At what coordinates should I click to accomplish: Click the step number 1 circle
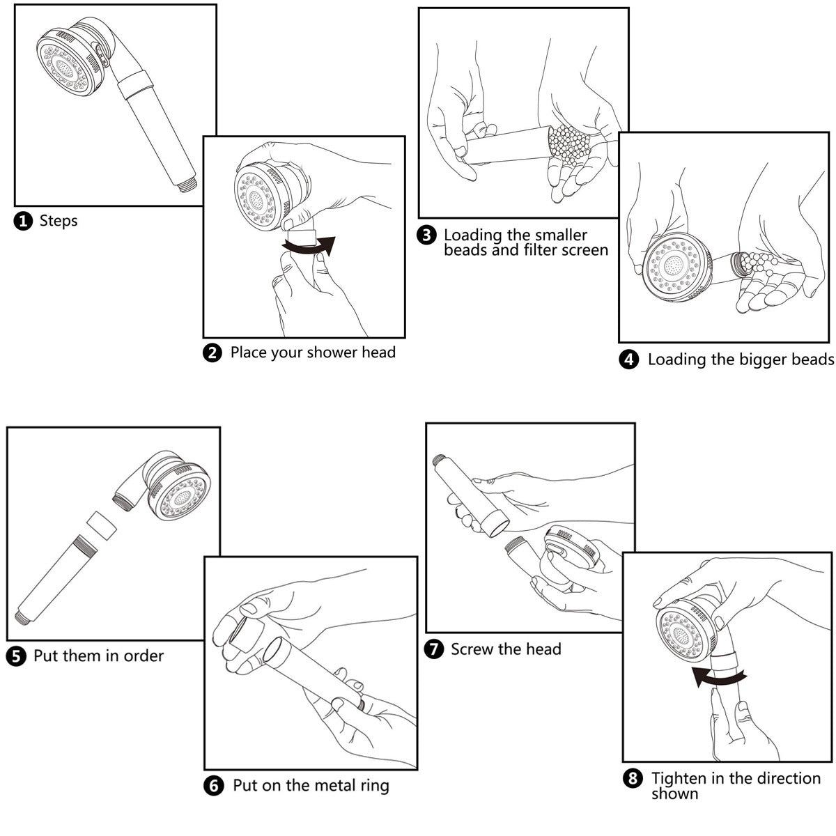[23, 222]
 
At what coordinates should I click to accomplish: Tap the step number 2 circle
[212, 353]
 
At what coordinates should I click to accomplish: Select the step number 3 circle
[426, 235]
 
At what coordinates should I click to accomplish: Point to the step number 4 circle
[629, 360]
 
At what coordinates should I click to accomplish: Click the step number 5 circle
[16, 656]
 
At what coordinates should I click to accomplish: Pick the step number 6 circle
[214, 787]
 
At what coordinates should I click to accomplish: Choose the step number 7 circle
[433, 650]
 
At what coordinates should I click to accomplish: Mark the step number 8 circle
[633, 779]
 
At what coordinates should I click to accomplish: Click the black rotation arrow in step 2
[310, 245]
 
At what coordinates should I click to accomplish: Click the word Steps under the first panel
[59, 222]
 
